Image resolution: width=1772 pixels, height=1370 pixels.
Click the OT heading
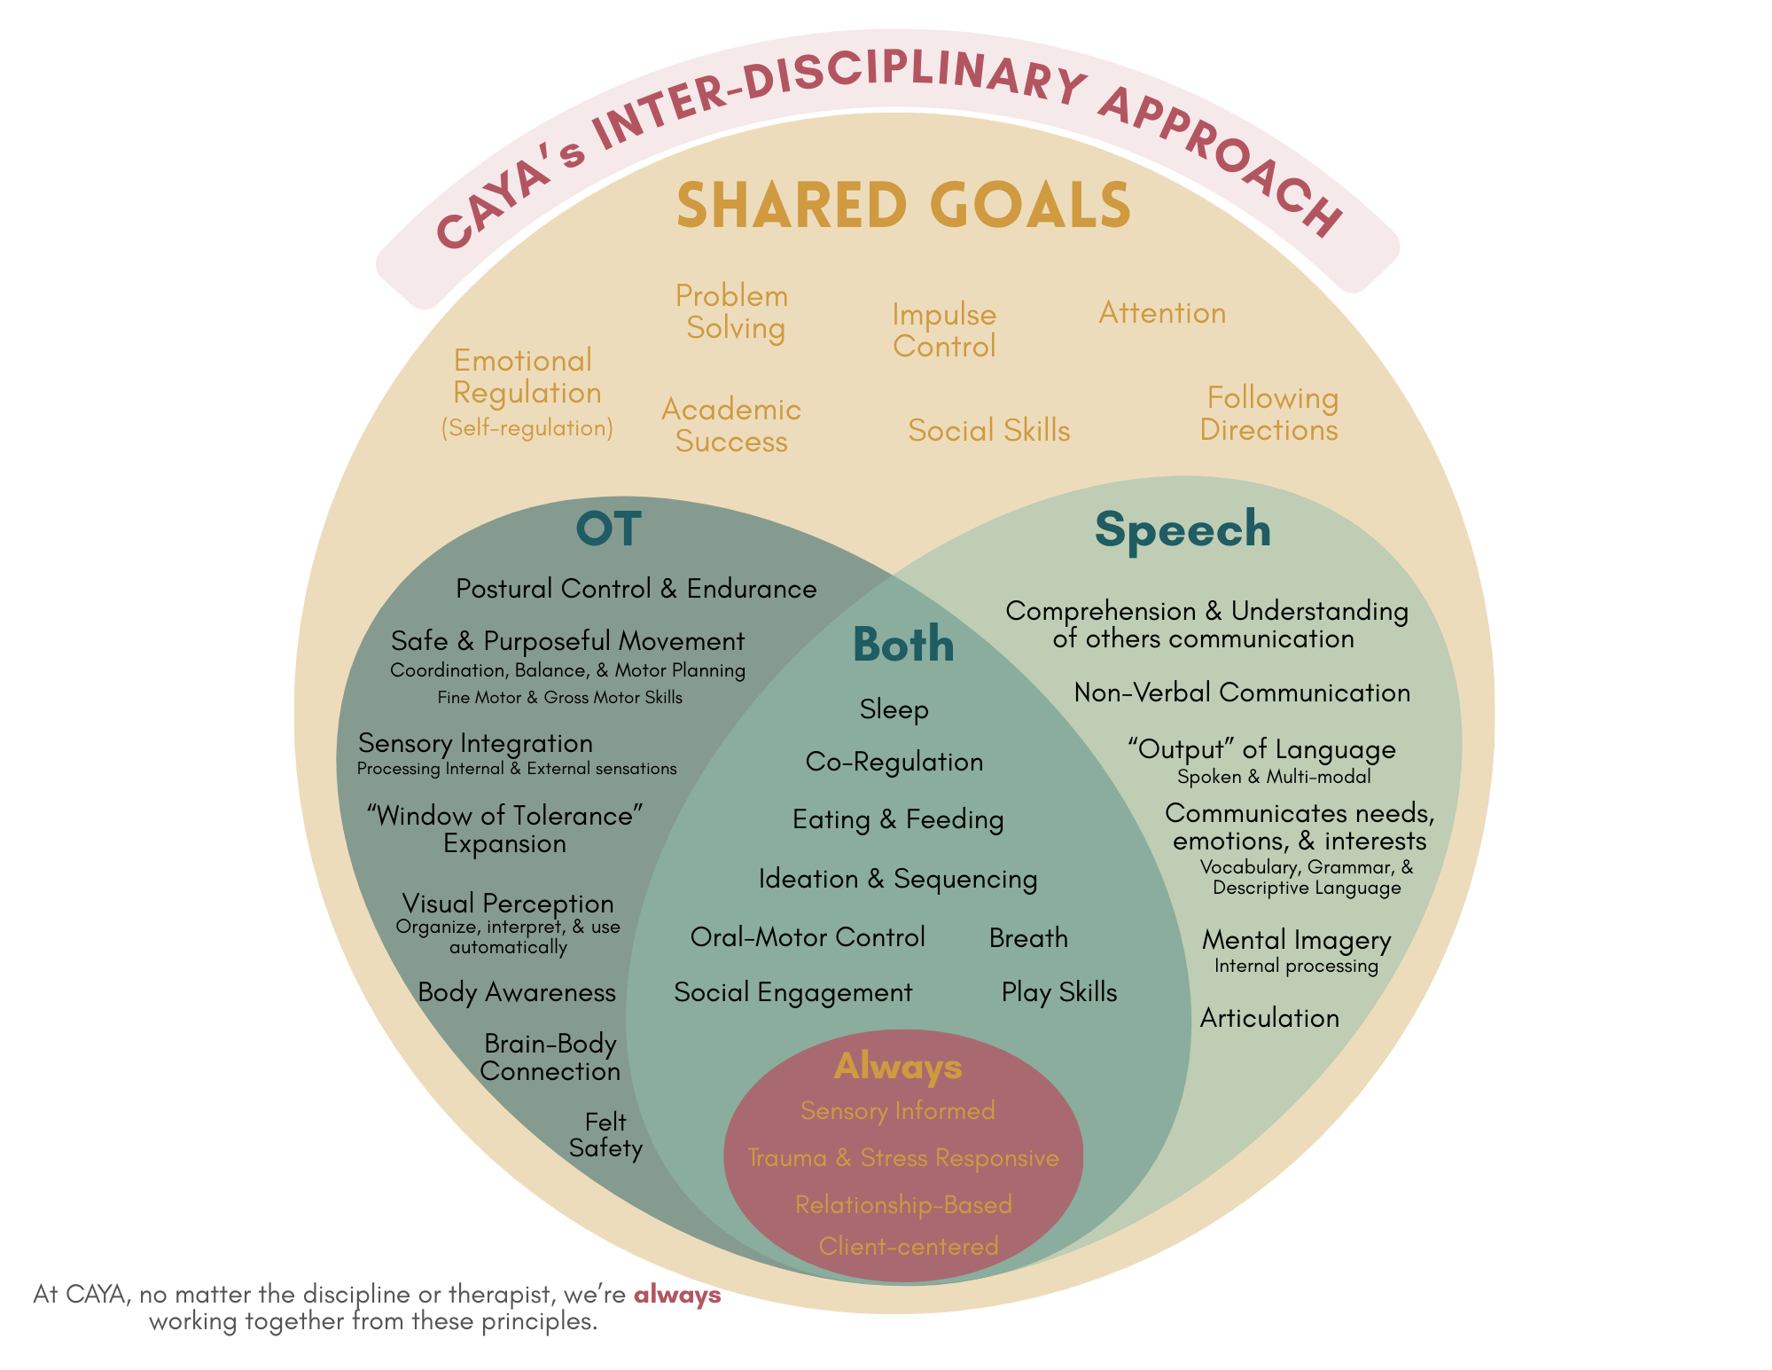pyautogui.click(x=608, y=528)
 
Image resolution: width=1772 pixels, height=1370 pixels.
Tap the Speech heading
pyautogui.click(x=1183, y=530)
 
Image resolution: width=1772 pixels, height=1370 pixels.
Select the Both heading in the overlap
pyautogui.click(x=903, y=645)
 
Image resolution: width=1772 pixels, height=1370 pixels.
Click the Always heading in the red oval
pyautogui.click(x=898, y=1067)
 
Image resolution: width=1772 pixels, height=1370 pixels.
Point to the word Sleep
pyautogui.click(x=894, y=709)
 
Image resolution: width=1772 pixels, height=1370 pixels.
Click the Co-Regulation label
pyautogui.click(x=894, y=762)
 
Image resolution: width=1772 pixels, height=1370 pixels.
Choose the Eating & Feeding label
pyautogui.click(x=898, y=819)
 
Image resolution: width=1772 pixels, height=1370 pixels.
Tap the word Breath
pyautogui.click(x=1028, y=938)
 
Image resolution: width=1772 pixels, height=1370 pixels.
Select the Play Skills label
pyautogui.click(x=1059, y=992)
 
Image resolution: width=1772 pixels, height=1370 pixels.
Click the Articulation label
pyautogui.click(x=1269, y=1018)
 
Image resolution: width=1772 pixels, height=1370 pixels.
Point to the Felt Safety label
pyautogui.click(x=605, y=1135)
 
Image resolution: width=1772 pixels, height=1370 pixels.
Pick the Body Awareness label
pyautogui.click(x=517, y=992)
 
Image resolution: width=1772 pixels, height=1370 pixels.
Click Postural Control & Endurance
pyautogui.click(x=636, y=589)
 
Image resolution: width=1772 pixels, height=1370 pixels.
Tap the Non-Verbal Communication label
pyautogui.click(x=1242, y=693)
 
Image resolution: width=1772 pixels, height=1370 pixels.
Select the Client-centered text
pyautogui.click(x=909, y=1246)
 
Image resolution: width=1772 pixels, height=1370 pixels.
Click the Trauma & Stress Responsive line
pyautogui.click(x=903, y=1158)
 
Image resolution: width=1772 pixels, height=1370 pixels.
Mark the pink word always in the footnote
pyautogui.click(x=677, y=1296)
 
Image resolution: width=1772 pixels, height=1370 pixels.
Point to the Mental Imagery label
pyautogui.click(x=1296, y=940)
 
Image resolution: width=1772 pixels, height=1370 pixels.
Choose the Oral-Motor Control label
pyautogui.click(x=808, y=937)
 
